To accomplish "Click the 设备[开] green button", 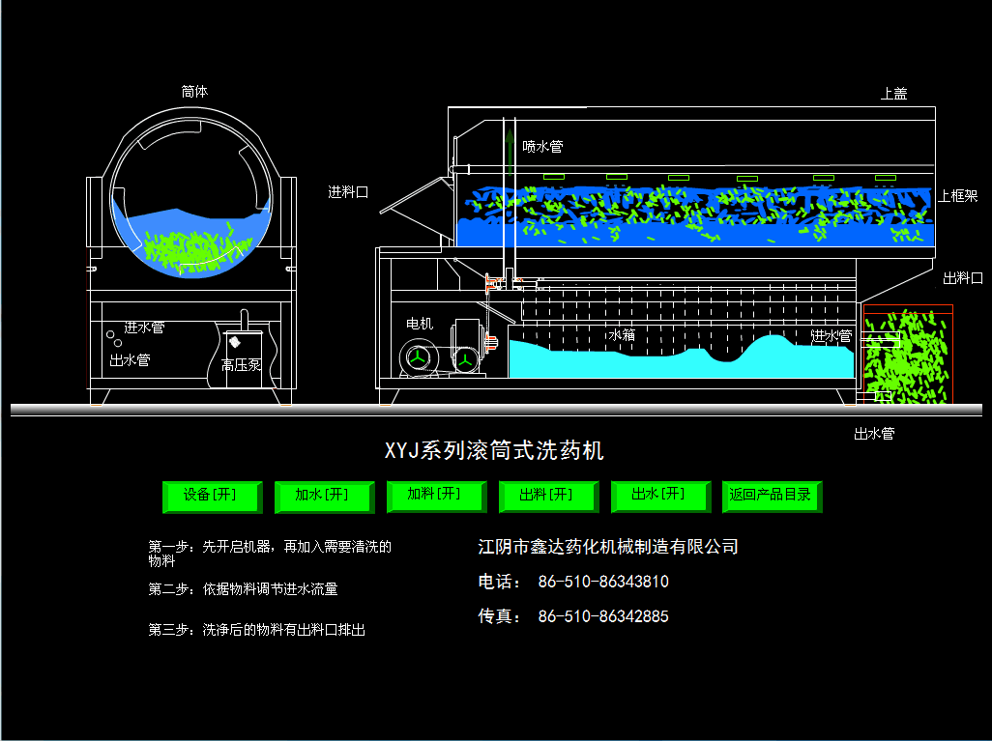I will coord(211,496).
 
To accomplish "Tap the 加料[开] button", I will coord(434,495).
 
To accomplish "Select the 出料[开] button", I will coord(546,496).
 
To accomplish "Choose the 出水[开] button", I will coord(658,495).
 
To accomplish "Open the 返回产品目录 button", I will coord(771,496).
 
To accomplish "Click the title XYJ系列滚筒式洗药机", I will coord(494,451).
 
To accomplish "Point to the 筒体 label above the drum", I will coord(194,92).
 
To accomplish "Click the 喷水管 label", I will coord(542,147).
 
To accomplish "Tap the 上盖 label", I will coord(893,94).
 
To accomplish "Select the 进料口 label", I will coord(348,192).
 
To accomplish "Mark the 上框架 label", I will coord(957,196).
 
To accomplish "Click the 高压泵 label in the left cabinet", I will coord(241,365).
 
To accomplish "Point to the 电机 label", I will coord(420,324).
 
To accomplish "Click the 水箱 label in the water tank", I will coord(622,336).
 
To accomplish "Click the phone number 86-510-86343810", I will coord(603,582).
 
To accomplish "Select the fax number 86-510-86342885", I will coord(603,616).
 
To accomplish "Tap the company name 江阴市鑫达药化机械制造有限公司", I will coord(608,547).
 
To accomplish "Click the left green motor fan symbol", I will coord(417,358).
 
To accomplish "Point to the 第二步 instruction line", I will coord(243,588).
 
